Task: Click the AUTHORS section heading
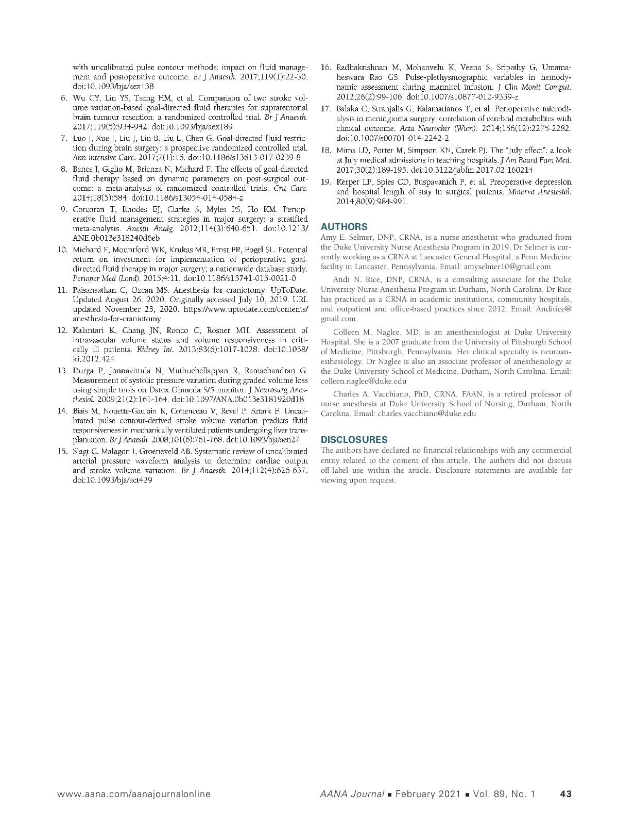(344, 227)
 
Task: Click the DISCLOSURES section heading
(354, 440)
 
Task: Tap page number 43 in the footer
(565, 794)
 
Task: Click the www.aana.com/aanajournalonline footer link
(134, 794)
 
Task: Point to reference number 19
(325, 182)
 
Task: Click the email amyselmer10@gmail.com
(507, 267)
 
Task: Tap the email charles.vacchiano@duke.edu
(427, 413)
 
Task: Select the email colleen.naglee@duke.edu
(364, 382)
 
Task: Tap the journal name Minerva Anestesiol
(539, 192)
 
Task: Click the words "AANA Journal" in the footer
(352, 794)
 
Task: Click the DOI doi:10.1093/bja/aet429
(112, 480)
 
